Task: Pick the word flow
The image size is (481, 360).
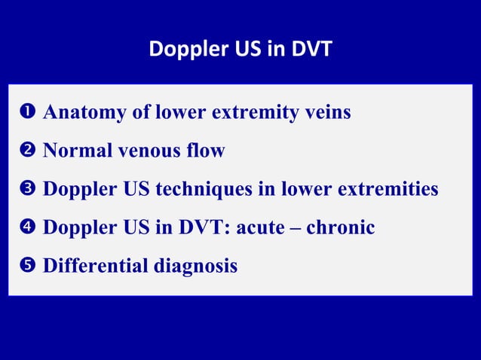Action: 207,151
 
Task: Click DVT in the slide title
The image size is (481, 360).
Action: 311,50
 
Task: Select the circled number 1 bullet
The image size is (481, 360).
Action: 23,114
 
